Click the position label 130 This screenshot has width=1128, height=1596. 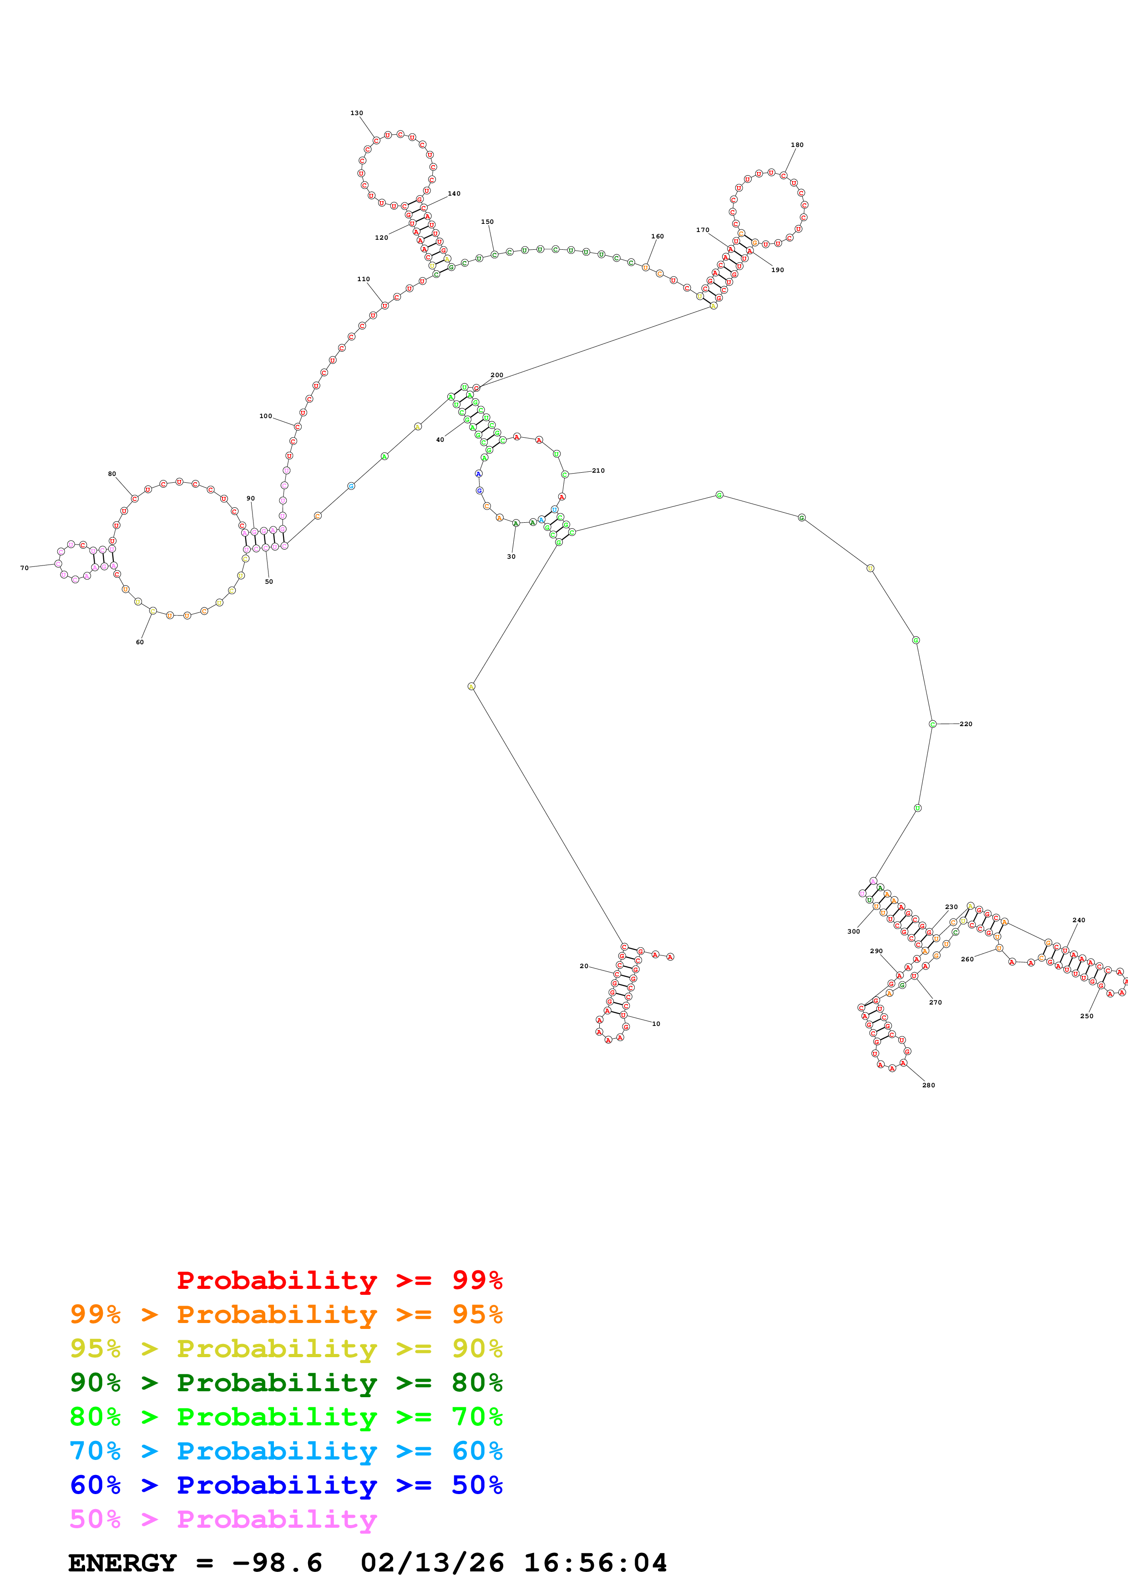click(357, 113)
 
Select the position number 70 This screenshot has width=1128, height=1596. click(24, 568)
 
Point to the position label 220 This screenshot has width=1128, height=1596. click(966, 724)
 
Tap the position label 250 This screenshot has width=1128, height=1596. click(1086, 1016)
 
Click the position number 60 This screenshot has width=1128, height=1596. click(140, 642)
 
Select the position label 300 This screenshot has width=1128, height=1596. click(854, 931)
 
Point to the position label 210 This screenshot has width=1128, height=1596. click(598, 470)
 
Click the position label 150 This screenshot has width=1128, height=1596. click(487, 222)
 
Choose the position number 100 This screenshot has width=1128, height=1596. click(265, 416)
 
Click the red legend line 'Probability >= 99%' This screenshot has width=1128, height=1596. click(339, 1280)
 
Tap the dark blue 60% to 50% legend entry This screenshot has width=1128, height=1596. click(286, 1485)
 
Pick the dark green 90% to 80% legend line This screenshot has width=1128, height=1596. click(286, 1383)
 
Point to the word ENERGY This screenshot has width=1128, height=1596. click(122, 1563)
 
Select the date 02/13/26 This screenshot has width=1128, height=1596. click(432, 1563)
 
